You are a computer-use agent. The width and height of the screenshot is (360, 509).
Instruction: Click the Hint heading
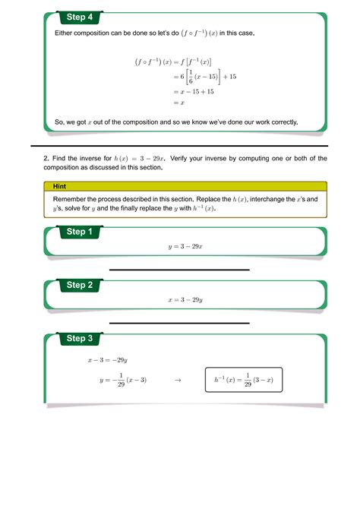pos(60,185)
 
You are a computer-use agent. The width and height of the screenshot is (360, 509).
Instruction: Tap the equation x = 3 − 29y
pos(185,300)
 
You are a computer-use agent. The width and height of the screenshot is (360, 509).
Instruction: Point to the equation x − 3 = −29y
pos(108,361)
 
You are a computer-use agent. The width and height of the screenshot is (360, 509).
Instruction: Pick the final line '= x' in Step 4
pos(178,103)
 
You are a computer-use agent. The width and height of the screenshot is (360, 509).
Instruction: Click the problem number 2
pos(46,158)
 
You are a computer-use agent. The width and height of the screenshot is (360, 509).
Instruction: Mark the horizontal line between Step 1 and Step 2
pos(179,270)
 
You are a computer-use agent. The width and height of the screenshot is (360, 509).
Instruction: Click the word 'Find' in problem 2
pos(60,158)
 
